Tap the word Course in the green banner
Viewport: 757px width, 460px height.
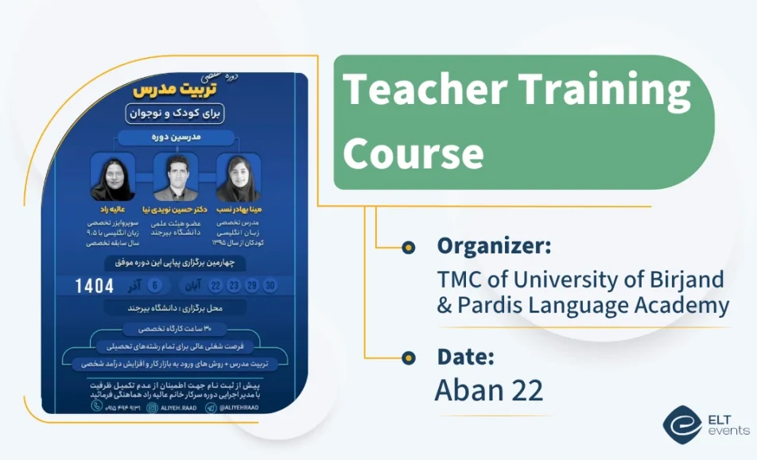[x=413, y=152]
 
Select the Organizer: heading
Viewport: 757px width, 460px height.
[x=493, y=246]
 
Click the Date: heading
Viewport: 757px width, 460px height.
[x=465, y=358]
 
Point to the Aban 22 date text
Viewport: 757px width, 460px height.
[x=489, y=391]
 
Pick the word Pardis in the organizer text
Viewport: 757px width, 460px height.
[x=491, y=305]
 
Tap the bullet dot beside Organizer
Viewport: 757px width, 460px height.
[x=409, y=248]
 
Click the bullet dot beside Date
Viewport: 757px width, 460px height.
[x=409, y=358]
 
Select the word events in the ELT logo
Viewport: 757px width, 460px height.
[x=728, y=431]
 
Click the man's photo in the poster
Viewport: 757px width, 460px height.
[x=176, y=177]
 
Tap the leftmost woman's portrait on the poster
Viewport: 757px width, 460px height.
[x=112, y=177]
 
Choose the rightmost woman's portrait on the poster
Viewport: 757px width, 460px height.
[x=239, y=177]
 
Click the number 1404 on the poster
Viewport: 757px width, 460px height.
[x=95, y=286]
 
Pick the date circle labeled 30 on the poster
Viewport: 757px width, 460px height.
[x=271, y=286]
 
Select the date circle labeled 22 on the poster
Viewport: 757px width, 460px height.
[x=215, y=286]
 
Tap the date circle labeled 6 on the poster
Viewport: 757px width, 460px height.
[x=155, y=286]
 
